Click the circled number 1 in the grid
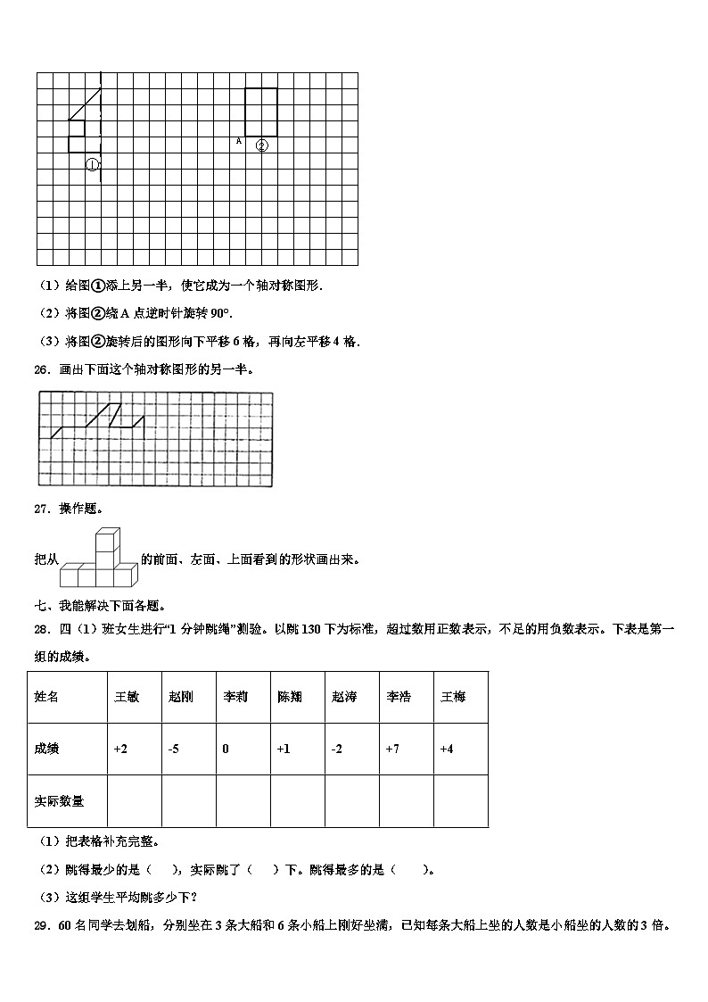click(x=92, y=164)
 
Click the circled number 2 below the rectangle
click(x=261, y=145)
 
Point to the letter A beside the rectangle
click(x=238, y=141)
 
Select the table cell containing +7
click(x=406, y=749)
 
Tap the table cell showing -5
click(x=188, y=749)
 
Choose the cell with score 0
click(x=243, y=749)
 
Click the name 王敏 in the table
click(x=134, y=697)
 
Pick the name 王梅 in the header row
click(x=460, y=697)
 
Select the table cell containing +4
click(x=460, y=749)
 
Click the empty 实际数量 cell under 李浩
click(x=406, y=801)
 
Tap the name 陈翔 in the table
click(x=297, y=697)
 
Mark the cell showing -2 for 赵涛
click(x=351, y=749)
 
